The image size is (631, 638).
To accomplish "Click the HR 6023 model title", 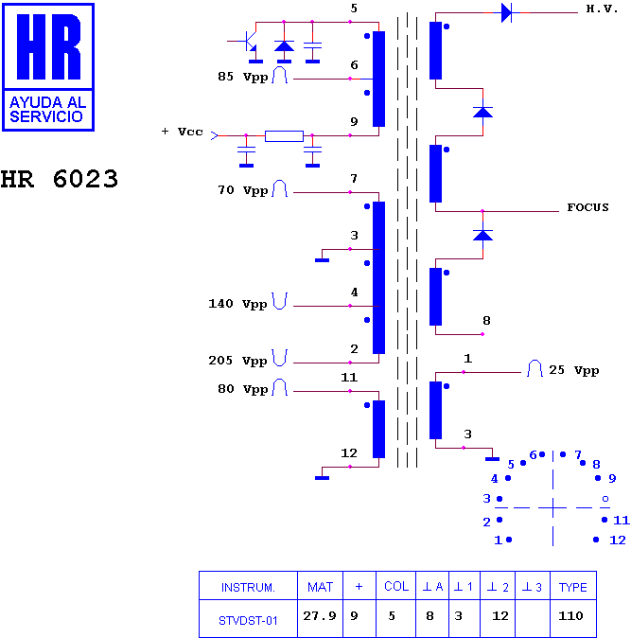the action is [60, 179].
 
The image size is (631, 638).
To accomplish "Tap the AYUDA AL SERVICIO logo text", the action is [48, 110].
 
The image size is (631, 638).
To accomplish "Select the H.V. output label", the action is [602, 9].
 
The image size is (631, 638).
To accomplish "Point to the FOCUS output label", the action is [587, 207].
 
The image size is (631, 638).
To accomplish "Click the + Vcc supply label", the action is [183, 132].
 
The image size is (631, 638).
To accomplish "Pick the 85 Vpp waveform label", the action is [243, 77].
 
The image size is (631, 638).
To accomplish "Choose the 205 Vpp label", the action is [238, 361].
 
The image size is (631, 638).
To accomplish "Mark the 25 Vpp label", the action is [573, 370].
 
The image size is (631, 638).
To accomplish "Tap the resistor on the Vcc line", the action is [284, 136].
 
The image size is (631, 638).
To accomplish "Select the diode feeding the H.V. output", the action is [507, 12].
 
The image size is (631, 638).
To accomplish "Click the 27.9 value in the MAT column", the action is [320, 616].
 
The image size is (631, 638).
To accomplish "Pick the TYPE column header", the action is [572, 587].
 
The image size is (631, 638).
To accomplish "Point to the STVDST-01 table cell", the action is [248, 621].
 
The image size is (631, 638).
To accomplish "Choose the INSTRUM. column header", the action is [248, 588].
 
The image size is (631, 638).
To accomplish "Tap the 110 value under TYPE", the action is [570, 615].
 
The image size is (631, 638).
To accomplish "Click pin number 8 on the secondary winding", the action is [486, 321].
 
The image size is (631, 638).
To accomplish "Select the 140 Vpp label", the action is [237, 304].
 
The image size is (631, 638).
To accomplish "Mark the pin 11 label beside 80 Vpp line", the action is [349, 378].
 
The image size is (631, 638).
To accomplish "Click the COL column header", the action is [396, 586].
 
